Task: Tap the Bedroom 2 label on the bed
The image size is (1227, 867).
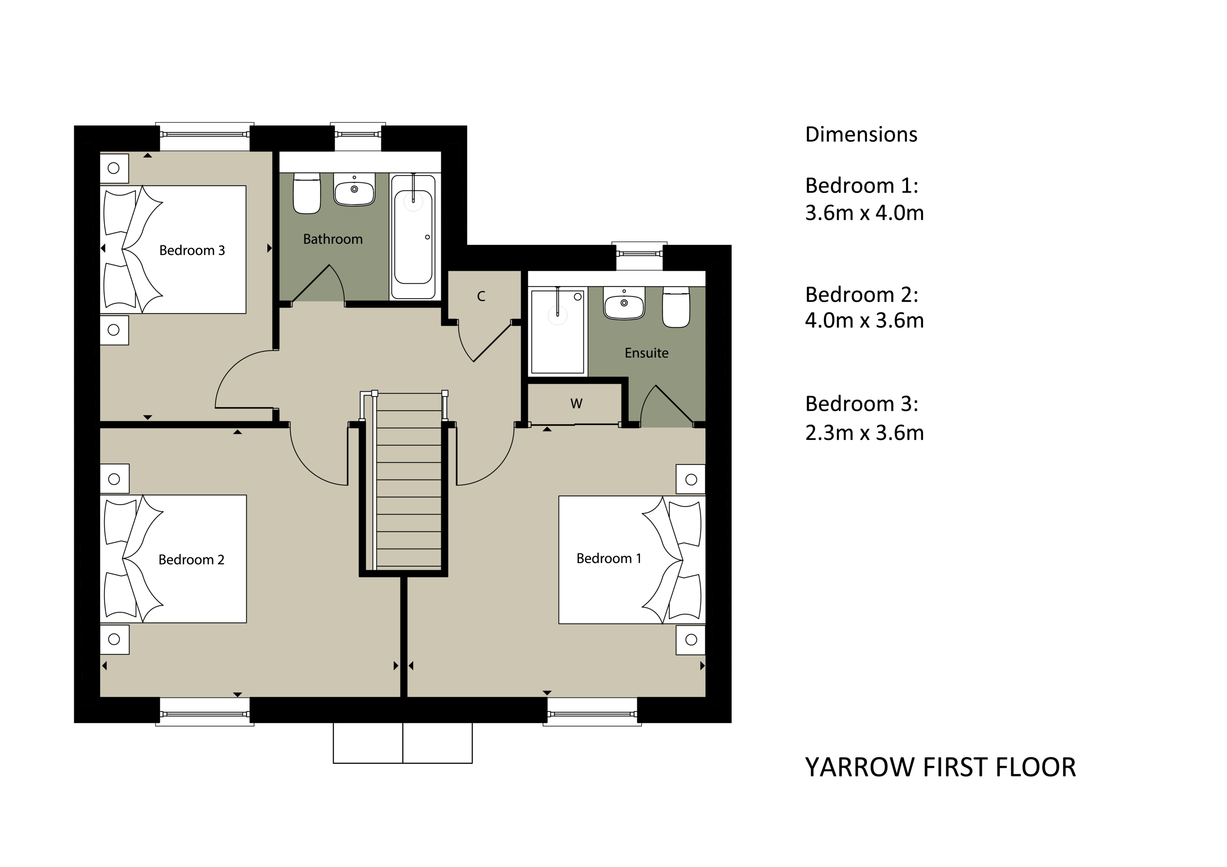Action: pos(191,559)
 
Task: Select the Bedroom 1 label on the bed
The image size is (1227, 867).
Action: pos(609,558)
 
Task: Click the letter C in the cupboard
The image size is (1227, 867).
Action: pos(481,297)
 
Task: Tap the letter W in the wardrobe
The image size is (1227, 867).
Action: pos(576,404)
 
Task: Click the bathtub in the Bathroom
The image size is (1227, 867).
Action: pos(413,236)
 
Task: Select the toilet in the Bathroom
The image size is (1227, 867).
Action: pos(307,193)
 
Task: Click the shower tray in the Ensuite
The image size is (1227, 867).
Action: pos(557,331)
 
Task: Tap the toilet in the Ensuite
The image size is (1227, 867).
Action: pos(676,307)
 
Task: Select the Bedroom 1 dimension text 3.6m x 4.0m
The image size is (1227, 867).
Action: pos(864,213)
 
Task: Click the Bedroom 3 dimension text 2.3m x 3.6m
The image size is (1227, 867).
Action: pos(864,433)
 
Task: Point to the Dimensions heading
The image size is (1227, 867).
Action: pos(861,134)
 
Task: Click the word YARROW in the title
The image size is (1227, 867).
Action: pos(861,767)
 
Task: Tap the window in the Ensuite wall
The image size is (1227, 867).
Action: pos(640,253)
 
